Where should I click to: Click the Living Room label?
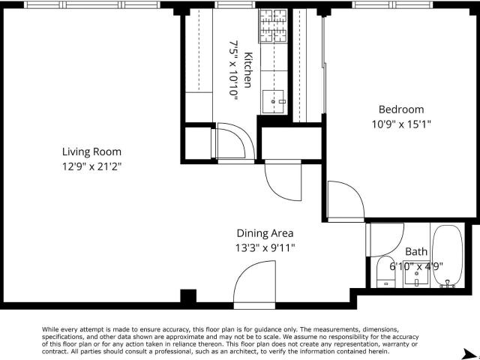pos(91,151)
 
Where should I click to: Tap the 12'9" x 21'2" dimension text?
pos(91,166)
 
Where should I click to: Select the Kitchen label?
pos(248,70)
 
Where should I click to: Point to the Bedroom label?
pos(401,109)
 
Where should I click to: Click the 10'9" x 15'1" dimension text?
pos(401,124)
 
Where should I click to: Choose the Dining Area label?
pos(265,233)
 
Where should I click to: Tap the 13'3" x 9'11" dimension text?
pos(265,247)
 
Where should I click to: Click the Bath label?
pos(416,252)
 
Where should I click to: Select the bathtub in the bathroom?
pos(448,256)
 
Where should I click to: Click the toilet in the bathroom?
pos(385,271)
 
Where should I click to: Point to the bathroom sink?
pos(417,277)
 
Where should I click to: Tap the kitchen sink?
pos(273,101)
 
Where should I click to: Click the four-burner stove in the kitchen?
pos(273,25)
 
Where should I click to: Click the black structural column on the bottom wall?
pos(188,296)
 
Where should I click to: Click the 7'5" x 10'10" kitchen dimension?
pos(233,70)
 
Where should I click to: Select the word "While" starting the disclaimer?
pos(50,329)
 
